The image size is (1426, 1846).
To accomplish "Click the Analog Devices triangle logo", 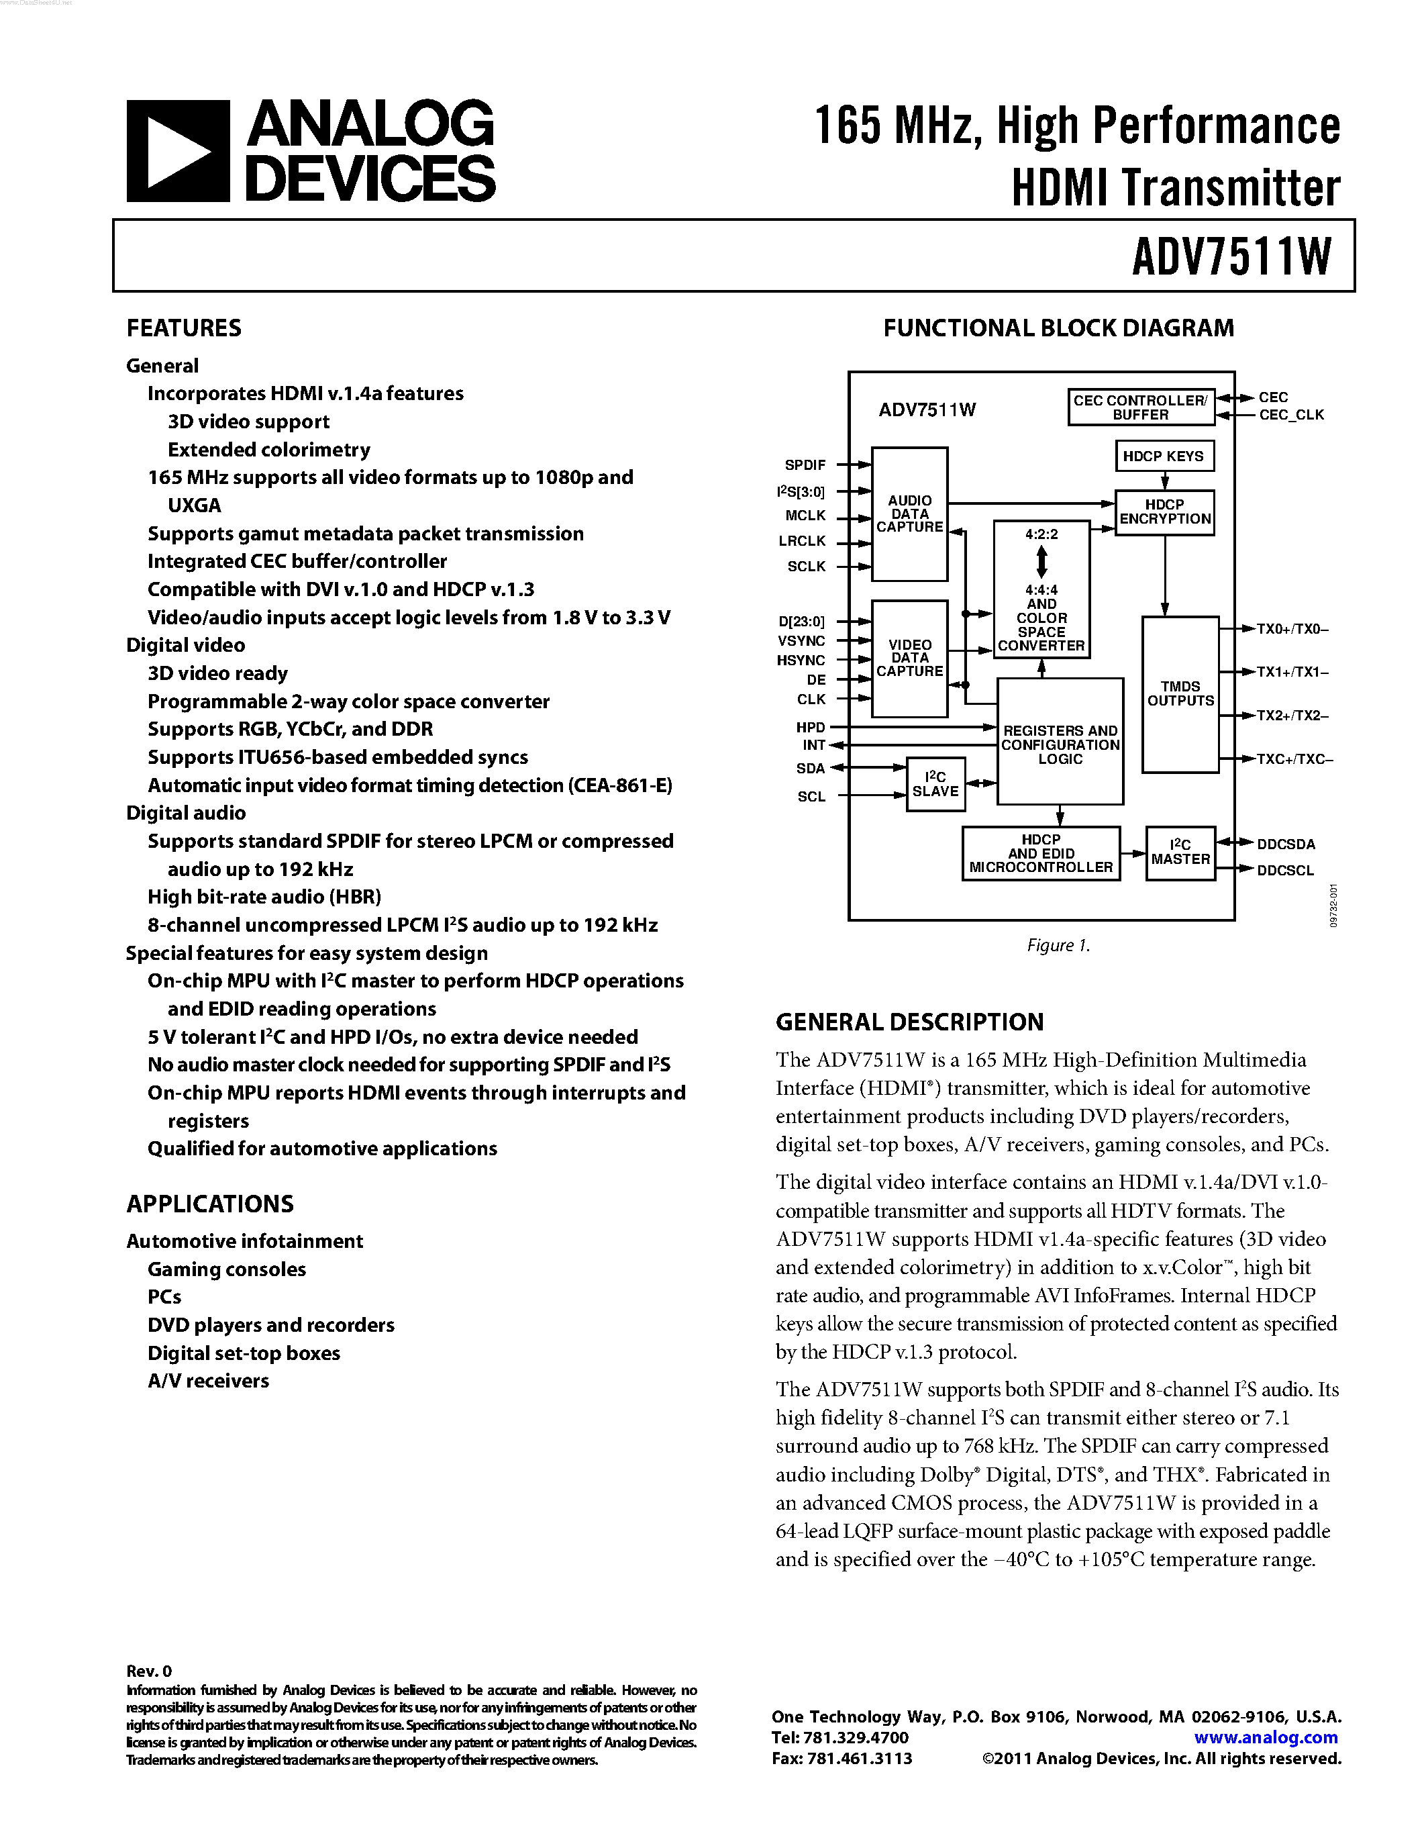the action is coord(177,151).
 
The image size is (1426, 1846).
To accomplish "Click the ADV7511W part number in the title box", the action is coord(1231,256).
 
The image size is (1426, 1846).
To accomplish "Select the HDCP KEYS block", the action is coord(1163,456).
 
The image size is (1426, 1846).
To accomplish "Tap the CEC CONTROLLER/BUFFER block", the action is coord(1140,407).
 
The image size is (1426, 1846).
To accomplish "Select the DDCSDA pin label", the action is coord(1286,844).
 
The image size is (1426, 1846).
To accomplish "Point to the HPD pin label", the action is coord(810,727).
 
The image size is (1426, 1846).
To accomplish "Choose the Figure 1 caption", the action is coord(1058,945).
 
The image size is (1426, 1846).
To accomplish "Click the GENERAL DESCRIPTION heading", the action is coord(909,1022).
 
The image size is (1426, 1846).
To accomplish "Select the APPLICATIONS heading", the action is coord(210,1204).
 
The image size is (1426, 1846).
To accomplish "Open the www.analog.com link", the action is coord(1266,1738).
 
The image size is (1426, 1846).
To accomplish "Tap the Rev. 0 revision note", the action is coord(149,1671).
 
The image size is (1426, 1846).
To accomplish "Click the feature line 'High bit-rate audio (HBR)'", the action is coord(264,897).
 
